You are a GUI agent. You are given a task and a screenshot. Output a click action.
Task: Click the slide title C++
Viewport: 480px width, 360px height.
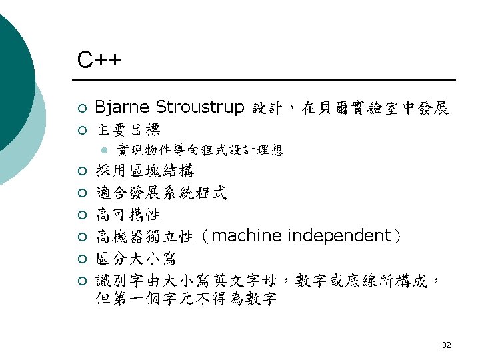pos(99,61)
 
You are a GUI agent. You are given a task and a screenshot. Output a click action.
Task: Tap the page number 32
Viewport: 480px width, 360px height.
pos(446,345)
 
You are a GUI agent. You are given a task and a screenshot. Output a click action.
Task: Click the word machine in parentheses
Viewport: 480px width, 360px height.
pos(247,236)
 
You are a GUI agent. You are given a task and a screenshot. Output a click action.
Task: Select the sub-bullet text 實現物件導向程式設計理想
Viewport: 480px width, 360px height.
pos(199,151)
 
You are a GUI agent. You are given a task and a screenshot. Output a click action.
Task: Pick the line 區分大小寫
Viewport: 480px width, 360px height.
pos(136,258)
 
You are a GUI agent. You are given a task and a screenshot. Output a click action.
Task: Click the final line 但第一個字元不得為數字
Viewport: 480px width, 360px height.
pos(186,299)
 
